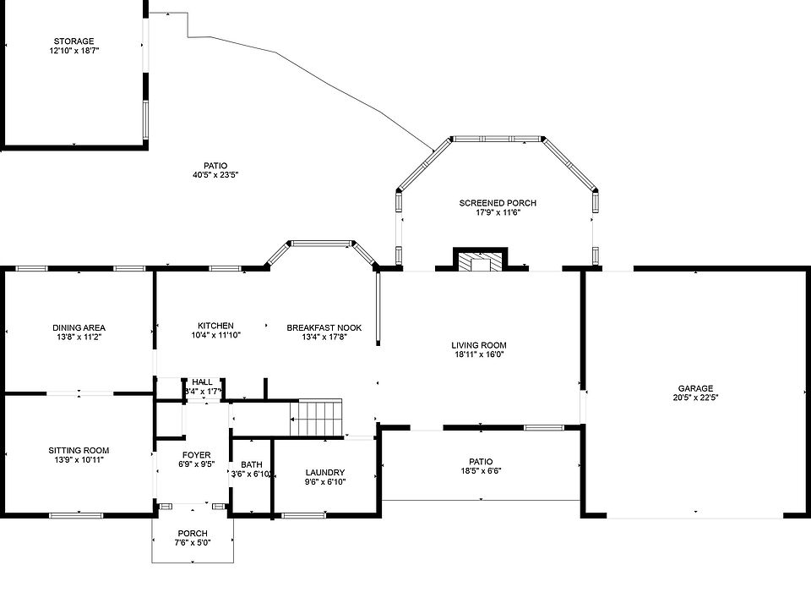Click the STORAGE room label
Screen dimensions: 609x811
point(73,41)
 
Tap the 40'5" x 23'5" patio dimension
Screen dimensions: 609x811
point(215,175)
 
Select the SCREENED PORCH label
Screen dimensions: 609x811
point(498,203)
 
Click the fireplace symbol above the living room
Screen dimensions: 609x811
point(481,261)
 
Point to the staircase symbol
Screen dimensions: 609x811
point(317,417)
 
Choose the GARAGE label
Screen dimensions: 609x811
point(695,388)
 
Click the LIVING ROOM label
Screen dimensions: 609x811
point(478,345)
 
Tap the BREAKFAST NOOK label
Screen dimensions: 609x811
point(324,327)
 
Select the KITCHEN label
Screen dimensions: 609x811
point(215,326)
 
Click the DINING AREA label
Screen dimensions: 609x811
point(79,327)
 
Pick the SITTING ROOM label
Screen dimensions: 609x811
point(79,450)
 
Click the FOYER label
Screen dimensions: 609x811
point(196,455)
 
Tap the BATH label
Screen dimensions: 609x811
point(251,464)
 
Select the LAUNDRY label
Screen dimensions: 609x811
point(324,472)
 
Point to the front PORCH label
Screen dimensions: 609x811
point(193,533)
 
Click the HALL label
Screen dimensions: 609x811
point(203,381)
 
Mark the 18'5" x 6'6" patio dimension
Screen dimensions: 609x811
point(481,471)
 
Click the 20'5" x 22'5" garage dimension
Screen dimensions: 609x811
point(695,398)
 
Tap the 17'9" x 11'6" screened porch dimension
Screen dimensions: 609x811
point(498,212)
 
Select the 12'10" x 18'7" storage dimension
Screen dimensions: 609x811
point(73,51)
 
